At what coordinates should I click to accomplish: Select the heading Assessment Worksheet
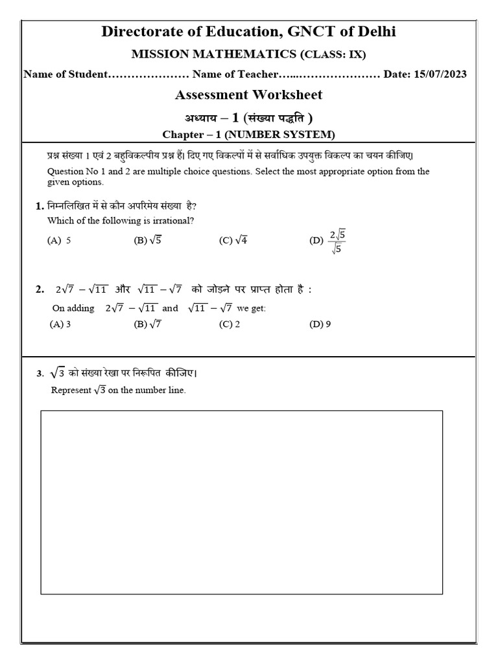248,95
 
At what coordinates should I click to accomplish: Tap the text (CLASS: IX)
329,54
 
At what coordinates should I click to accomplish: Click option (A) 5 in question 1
59,240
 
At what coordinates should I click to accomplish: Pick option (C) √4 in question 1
233,240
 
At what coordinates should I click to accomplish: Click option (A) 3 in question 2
60,324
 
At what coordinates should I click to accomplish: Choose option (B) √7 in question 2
147,324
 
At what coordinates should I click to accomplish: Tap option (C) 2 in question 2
230,324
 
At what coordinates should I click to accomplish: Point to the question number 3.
40,374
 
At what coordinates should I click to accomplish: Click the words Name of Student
64,74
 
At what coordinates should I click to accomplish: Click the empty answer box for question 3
242,502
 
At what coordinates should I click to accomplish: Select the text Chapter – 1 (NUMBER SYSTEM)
248,134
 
